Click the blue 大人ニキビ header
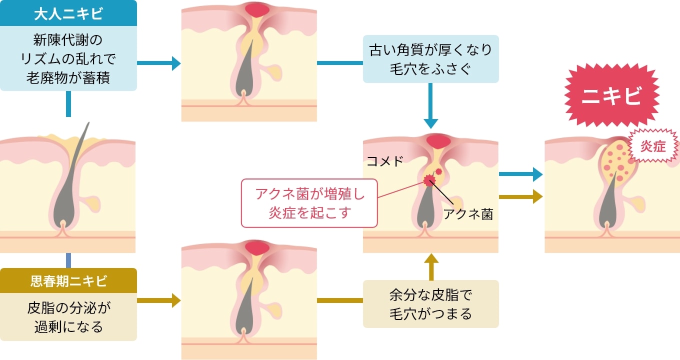[68, 13]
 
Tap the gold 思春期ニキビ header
[68, 281]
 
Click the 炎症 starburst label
[653, 146]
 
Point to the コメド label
[385, 161]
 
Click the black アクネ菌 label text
[468, 214]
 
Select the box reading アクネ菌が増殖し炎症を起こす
[310, 203]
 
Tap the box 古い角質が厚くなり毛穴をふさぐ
[430, 59]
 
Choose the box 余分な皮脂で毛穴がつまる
[430, 304]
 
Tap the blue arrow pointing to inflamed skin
[521, 174]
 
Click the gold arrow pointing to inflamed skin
[521, 196]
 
